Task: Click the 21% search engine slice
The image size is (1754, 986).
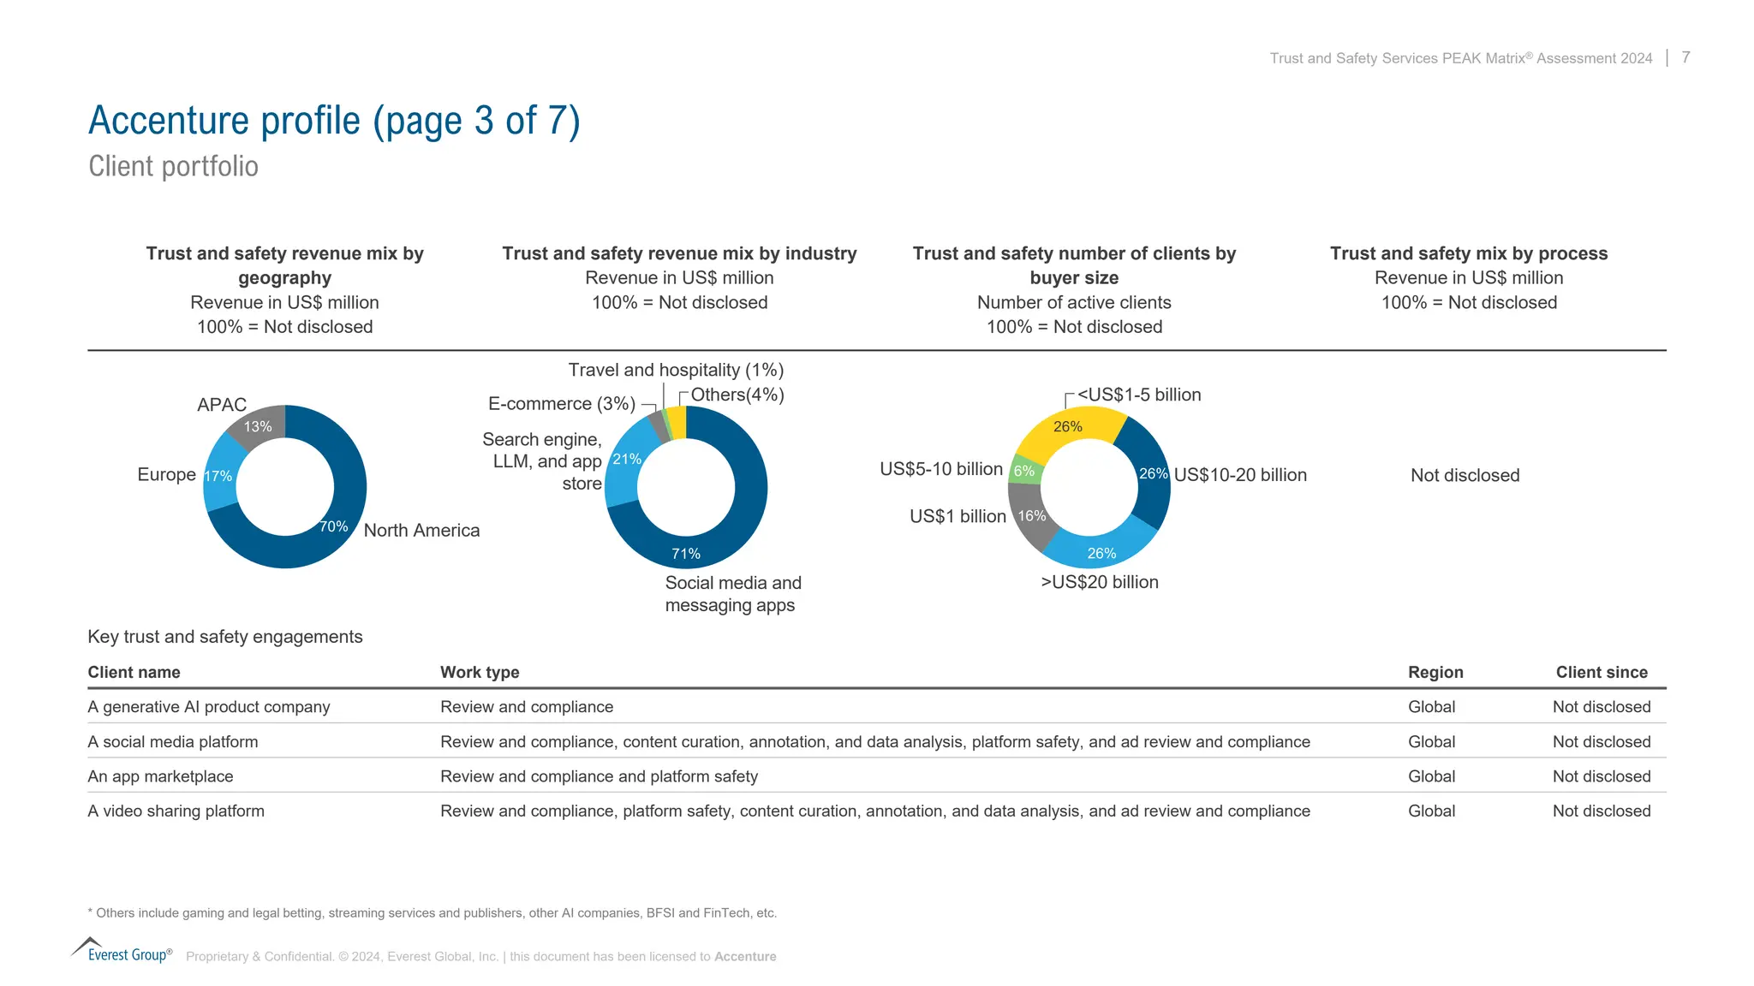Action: point(623,466)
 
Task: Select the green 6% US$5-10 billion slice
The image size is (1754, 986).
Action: point(1024,470)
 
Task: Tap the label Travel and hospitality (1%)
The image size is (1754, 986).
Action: point(676,370)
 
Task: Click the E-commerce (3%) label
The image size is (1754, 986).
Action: point(562,403)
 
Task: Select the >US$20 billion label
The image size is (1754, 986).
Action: point(1100,582)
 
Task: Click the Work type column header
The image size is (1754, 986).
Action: point(480,672)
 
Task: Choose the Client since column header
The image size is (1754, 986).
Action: point(1602,672)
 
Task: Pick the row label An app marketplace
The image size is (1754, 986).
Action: point(160,776)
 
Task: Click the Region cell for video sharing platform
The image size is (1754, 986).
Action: point(1431,811)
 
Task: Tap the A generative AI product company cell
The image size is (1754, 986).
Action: point(208,707)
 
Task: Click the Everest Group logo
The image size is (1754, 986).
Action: point(122,951)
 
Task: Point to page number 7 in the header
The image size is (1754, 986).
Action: point(1685,57)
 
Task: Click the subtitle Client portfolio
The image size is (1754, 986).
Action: point(173,166)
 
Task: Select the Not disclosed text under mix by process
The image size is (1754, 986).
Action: point(1465,475)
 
